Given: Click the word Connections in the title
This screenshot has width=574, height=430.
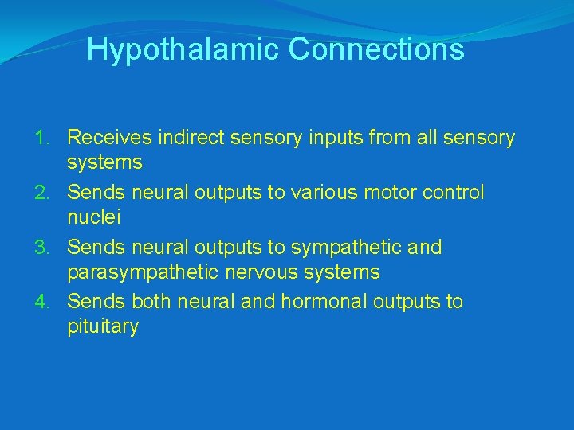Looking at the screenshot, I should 376,49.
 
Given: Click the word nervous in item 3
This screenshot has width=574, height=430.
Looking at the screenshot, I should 258,272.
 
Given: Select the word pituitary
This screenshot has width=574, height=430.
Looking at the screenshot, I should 103,327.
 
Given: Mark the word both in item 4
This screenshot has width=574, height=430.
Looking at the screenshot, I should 150,302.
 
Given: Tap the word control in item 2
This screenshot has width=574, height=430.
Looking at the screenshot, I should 455,193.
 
